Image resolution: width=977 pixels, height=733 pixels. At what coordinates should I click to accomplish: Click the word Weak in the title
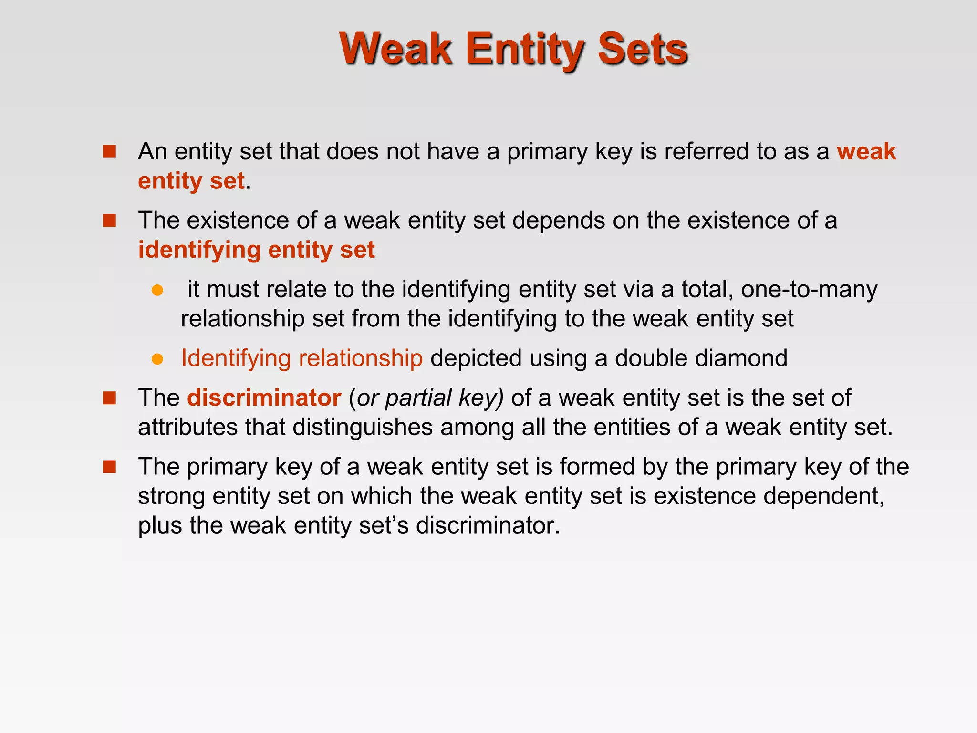(x=395, y=49)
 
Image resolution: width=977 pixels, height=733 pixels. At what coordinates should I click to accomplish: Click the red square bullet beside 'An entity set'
(x=110, y=152)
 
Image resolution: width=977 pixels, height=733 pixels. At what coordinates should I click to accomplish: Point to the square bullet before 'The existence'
(x=110, y=220)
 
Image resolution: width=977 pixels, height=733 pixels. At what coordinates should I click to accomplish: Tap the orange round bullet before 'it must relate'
(x=157, y=290)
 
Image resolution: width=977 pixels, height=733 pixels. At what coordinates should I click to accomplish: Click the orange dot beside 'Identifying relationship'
(x=157, y=359)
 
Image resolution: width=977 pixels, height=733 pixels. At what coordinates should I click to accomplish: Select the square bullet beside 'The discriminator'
(x=110, y=398)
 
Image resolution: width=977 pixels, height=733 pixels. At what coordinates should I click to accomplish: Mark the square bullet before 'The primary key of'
(x=110, y=467)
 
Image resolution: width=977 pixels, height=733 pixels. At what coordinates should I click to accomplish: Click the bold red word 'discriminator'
(x=264, y=398)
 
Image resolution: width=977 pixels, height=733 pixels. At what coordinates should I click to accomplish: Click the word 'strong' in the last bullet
(x=171, y=497)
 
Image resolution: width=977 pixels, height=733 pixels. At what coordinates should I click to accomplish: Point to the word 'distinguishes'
(x=363, y=427)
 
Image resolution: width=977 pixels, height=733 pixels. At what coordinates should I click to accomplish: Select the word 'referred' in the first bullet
(x=707, y=151)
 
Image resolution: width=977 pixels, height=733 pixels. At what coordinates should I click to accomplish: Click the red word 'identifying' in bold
(x=199, y=250)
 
